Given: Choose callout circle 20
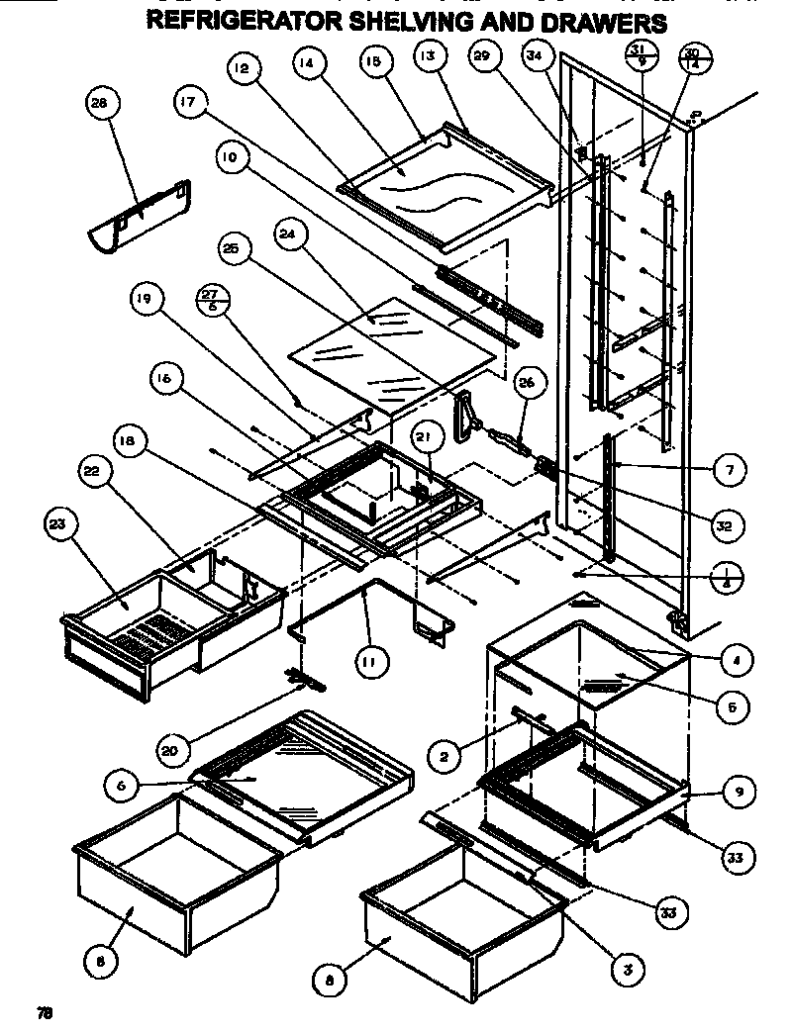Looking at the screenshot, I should point(170,751).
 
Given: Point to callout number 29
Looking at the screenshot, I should point(482,59).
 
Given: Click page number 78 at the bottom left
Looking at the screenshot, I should point(45,1012).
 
